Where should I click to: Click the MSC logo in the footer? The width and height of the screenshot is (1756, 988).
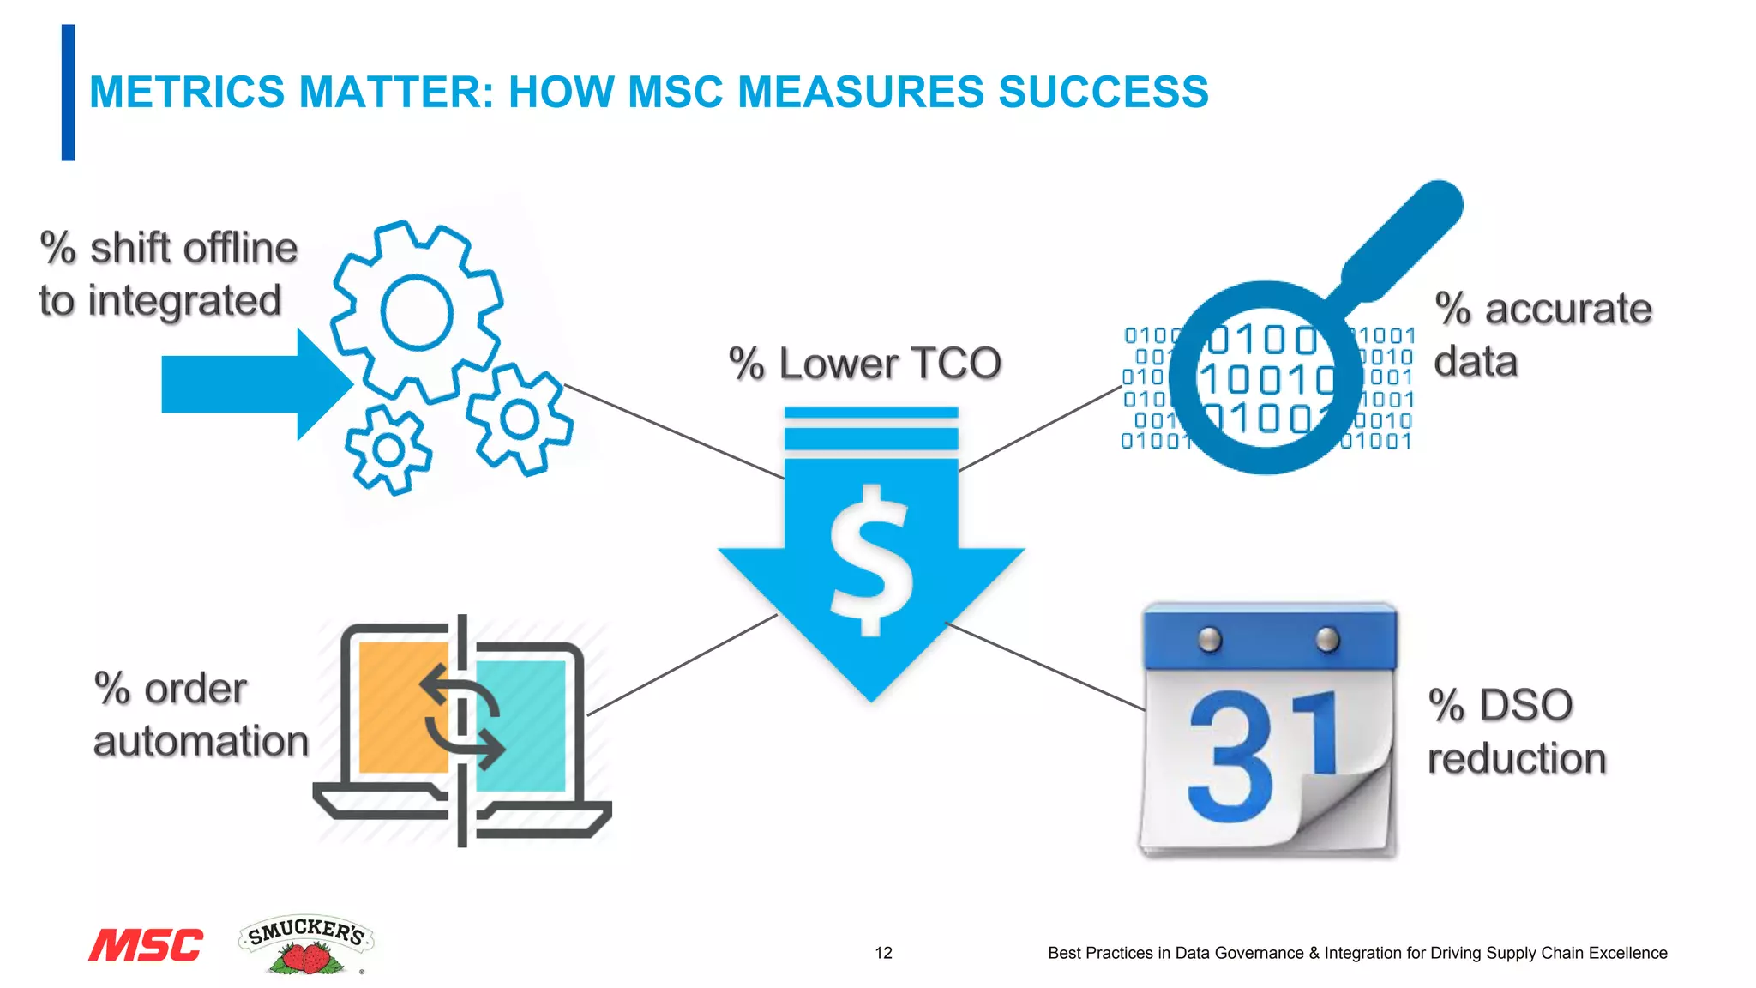click(x=146, y=945)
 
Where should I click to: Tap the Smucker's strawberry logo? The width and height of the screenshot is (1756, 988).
click(x=306, y=945)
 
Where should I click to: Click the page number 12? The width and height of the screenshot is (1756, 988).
click(x=883, y=953)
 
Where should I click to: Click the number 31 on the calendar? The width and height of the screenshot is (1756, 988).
click(x=1260, y=755)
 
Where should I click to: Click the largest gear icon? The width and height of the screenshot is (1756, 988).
click(x=417, y=312)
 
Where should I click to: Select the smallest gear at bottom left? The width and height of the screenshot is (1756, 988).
click(x=388, y=450)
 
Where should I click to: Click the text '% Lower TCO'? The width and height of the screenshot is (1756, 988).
click(x=864, y=364)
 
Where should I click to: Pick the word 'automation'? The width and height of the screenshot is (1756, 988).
click(x=201, y=741)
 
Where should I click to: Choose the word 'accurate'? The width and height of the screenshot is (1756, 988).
click(x=1567, y=309)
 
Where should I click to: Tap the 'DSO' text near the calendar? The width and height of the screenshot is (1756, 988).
click(x=1525, y=705)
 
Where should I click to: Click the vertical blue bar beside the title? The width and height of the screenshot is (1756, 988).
click(x=68, y=93)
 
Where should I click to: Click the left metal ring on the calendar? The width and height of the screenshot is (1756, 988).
click(x=1209, y=640)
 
